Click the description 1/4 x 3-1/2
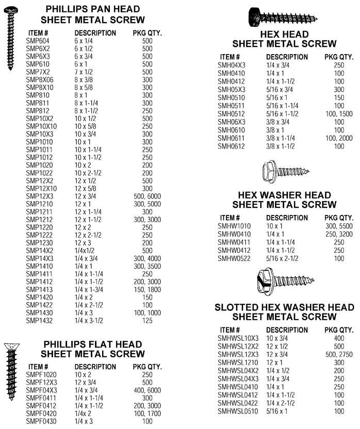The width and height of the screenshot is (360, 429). (x=93, y=320)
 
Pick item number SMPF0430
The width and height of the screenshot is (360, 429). (x=43, y=422)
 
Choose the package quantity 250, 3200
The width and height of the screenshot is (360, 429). (x=339, y=234)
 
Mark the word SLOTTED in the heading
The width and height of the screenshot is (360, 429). (x=239, y=308)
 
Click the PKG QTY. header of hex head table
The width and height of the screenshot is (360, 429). (x=339, y=56)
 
